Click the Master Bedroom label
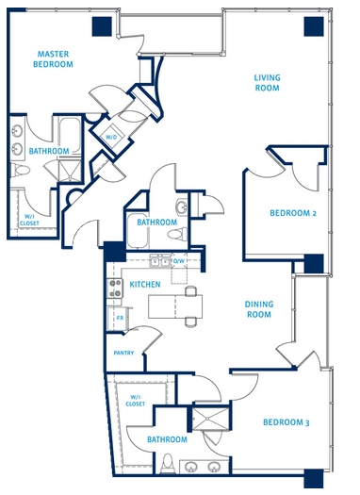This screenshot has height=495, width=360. tap(53, 59)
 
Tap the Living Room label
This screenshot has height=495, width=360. tap(268, 83)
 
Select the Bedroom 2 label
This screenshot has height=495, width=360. tap(293, 213)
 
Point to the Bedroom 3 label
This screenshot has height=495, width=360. tap(286, 422)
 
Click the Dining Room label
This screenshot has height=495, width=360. tap(259, 309)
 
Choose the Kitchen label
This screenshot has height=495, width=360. tap(145, 285)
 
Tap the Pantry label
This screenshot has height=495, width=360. tap(123, 353)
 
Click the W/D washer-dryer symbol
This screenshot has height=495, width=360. tap(111, 137)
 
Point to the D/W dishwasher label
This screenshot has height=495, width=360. tap(178, 261)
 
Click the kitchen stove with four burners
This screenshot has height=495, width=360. tap(115, 289)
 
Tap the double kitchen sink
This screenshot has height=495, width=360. tap(160, 261)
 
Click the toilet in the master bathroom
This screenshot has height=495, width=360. tap(20, 170)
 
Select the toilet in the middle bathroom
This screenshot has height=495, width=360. tap(177, 235)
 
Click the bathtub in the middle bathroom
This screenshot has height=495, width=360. tap(138, 231)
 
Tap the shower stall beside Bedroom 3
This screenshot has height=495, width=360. tap(211, 419)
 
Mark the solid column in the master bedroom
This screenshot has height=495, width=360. tap(102, 26)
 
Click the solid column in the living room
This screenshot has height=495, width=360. tap(314, 26)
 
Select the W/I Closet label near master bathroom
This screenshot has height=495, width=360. tap(29, 220)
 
